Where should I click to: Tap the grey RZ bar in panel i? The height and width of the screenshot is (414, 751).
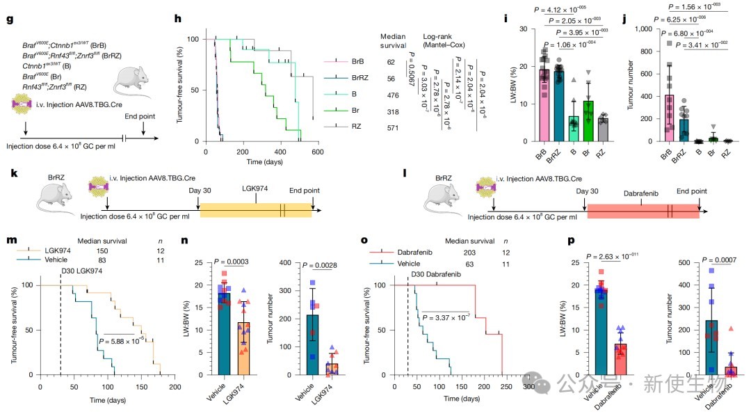pos(602,129)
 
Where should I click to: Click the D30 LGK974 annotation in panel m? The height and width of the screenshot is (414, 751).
pos(68,270)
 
